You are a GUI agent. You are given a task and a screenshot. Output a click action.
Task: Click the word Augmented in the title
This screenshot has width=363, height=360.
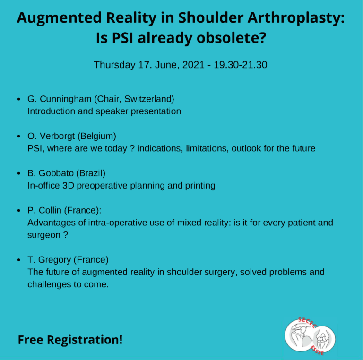(59, 18)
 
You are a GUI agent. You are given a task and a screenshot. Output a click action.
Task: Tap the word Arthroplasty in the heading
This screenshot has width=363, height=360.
(296, 18)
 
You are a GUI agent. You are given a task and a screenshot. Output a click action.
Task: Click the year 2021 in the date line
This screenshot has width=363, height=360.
(193, 65)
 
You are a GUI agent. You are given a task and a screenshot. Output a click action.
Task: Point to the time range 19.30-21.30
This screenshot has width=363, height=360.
(240, 65)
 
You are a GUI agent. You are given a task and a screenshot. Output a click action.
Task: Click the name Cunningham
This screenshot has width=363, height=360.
(66, 99)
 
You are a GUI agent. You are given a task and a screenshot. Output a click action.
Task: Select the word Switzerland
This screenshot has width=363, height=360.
(149, 99)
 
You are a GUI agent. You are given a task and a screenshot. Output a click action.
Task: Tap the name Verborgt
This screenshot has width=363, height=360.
(57, 136)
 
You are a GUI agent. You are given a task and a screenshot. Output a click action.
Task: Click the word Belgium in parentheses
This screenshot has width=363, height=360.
(97, 136)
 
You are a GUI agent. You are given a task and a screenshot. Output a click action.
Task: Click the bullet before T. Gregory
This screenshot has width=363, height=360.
(19, 260)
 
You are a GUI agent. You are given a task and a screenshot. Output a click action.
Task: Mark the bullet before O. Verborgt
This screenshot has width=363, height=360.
(19, 136)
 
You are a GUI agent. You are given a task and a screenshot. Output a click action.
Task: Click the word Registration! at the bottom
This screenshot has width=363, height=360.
(85, 340)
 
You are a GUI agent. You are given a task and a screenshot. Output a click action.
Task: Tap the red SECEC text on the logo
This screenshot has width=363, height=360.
(307, 322)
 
